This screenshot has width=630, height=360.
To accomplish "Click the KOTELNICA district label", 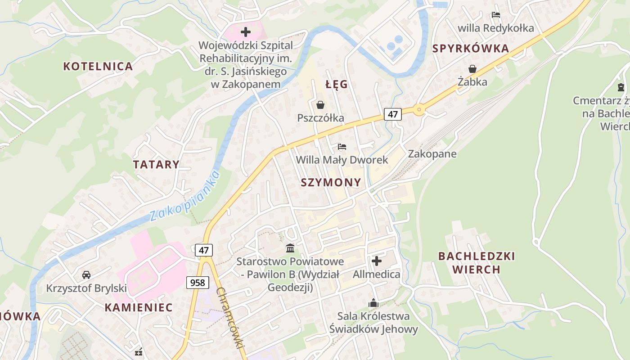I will (x=98, y=66).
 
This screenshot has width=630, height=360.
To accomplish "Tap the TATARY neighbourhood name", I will (x=156, y=164).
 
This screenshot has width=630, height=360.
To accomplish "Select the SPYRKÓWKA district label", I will (x=471, y=49).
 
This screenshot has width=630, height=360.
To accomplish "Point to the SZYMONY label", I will (x=331, y=182).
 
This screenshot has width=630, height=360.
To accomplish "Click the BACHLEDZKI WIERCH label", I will (x=477, y=263).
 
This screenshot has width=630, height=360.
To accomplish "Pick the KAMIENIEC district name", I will (x=139, y=307).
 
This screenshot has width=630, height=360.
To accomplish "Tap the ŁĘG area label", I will (x=336, y=84).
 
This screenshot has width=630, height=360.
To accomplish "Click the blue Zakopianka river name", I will (x=185, y=196).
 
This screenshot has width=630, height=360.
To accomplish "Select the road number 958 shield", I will (x=197, y=283).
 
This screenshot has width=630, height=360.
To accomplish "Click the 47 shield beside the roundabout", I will (x=392, y=114).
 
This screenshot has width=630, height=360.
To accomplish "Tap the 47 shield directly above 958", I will (x=203, y=250).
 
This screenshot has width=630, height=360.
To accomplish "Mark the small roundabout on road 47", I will (x=419, y=109).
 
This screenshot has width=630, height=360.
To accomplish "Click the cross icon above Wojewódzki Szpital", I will (x=246, y=32).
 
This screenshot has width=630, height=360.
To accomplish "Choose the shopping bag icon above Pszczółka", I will (x=320, y=105).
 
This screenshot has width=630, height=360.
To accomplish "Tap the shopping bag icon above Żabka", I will (x=472, y=69).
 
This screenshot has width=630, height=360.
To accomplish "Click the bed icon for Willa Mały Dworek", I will (x=342, y=147).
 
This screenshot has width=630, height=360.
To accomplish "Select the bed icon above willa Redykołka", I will (x=496, y=15).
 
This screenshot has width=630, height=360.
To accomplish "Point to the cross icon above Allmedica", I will (x=377, y=261).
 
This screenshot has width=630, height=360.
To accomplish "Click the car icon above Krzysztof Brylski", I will (x=86, y=274).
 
